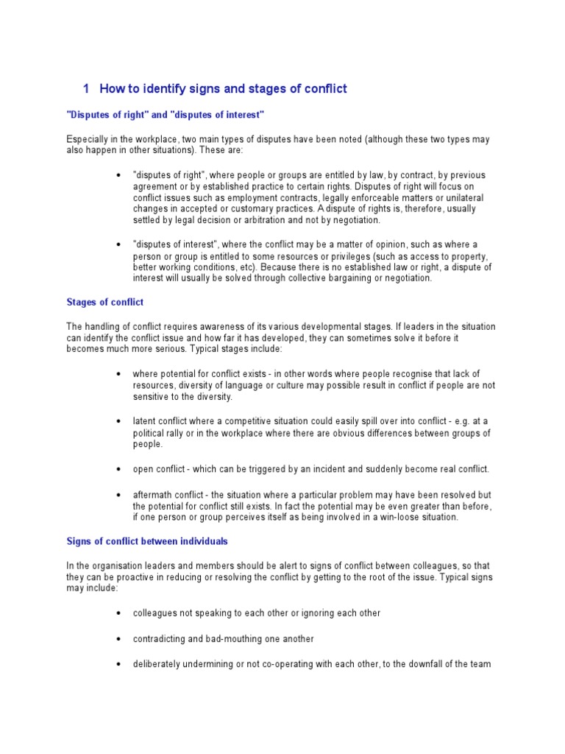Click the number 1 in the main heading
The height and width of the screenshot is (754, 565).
pyautogui.click(x=86, y=89)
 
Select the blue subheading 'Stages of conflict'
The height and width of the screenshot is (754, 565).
pyautogui.click(x=104, y=302)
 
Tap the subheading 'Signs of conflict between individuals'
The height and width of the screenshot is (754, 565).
pyautogui.click(x=147, y=541)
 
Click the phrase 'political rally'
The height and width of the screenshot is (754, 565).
pyautogui.click(x=160, y=432)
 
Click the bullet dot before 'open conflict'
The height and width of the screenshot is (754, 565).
pyautogui.click(x=118, y=469)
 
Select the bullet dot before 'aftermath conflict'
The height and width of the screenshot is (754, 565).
pyautogui.click(x=118, y=494)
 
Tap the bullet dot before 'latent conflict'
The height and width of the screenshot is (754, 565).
pyautogui.click(x=118, y=420)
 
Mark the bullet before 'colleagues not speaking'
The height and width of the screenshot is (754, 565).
pyautogui.click(x=118, y=613)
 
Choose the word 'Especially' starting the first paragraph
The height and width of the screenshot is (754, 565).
pyautogui.click(x=87, y=139)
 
